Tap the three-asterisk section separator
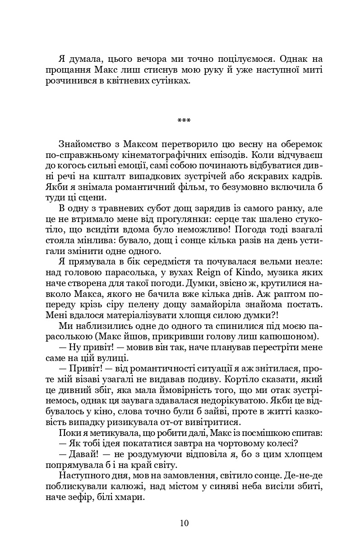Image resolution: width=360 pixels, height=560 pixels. click(184, 120)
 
